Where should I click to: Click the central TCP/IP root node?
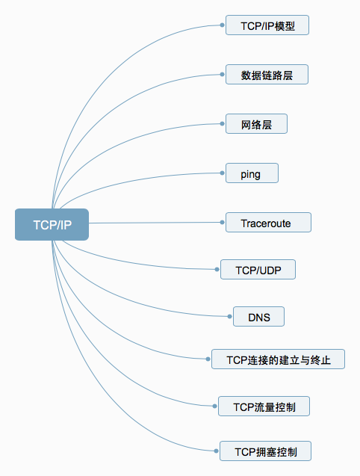click(52, 224)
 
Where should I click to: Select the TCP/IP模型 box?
click(267, 25)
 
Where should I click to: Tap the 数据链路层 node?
click(267, 75)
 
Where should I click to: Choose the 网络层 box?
click(256, 124)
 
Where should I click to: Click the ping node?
click(252, 173)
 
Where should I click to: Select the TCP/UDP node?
click(259, 270)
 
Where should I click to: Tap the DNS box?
click(258, 317)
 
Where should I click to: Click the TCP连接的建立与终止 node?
click(278, 359)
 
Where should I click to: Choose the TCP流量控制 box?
click(264, 407)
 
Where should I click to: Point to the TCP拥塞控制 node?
click(264, 451)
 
